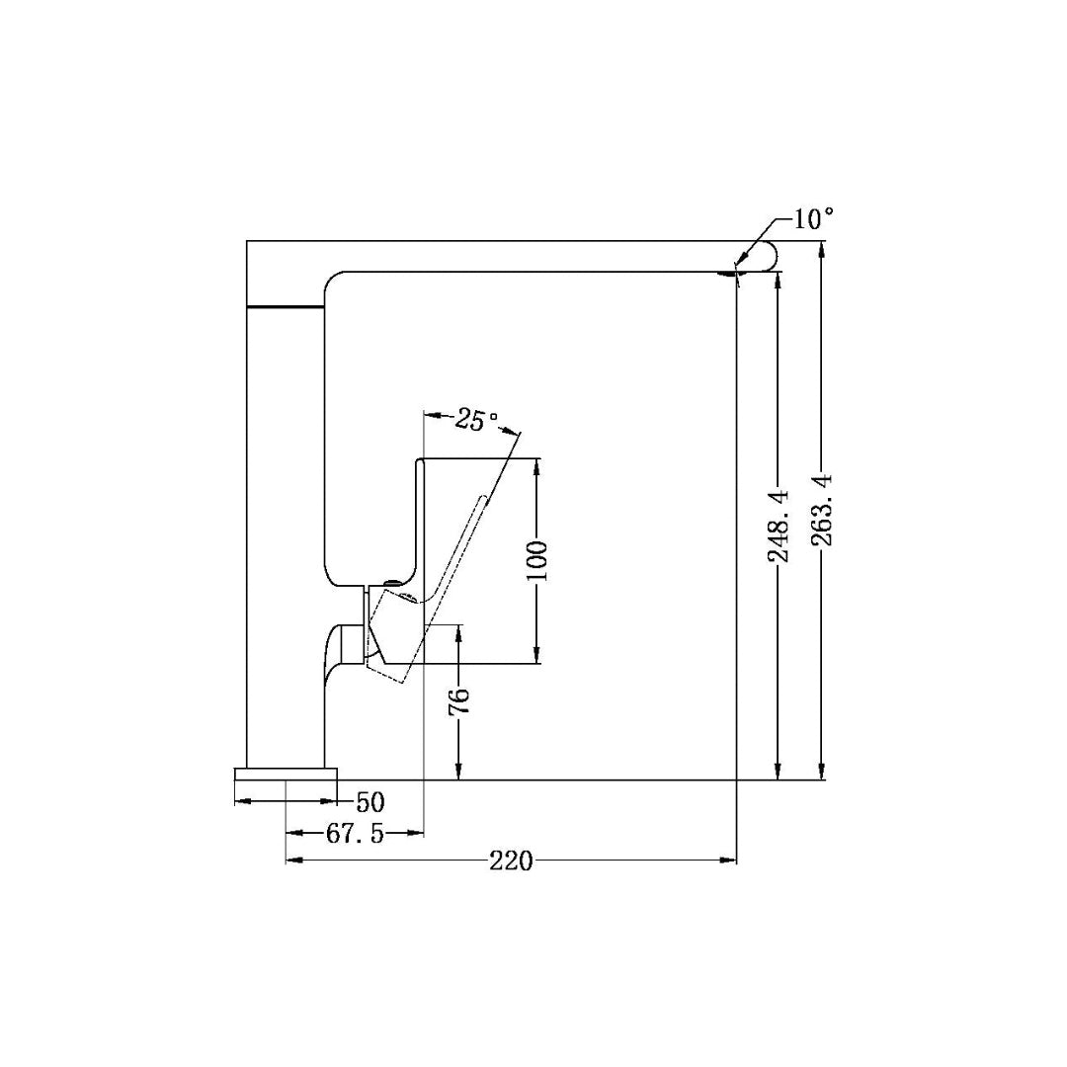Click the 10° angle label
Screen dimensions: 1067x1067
tap(813, 218)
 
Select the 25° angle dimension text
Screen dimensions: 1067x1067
tap(477, 421)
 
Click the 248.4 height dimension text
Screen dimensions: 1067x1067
tap(779, 526)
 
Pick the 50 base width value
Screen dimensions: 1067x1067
tap(369, 801)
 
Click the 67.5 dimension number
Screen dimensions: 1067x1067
tap(355, 833)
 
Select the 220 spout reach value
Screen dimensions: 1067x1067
tap(511, 862)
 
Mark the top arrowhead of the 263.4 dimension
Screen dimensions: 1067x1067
tap(822, 248)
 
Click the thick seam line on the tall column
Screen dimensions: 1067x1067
tap(286, 307)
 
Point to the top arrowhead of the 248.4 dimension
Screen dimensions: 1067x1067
tap(779, 279)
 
